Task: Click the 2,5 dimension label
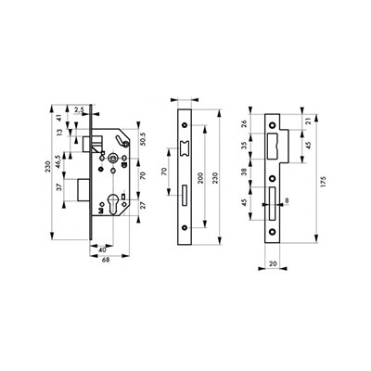pyautogui.click(x=79, y=109)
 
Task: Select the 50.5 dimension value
pyautogui.click(x=143, y=139)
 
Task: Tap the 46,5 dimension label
pyautogui.click(x=58, y=161)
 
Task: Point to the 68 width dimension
pyautogui.click(x=106, y=261)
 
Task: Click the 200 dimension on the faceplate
pyautogui.click(x=200, y=178)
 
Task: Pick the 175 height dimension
pyautogui.click(x=323, y=182)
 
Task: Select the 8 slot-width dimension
pyautogui.click(x=287, y=201)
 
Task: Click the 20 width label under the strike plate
pyautogui.click(x=273, y=263)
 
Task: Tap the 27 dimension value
pyautogui.click(x=143, y=206)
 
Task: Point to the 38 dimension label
pyautogui.click(x=244, y=172)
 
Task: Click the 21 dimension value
pyautogui.click(x=307, y=122)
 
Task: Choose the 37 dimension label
pyautogui.click(x=60, y=186)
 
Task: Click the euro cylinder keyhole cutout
pyautogui.click(x=113, y=202)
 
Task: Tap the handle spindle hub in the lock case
pyautogui.click(x=113, y=159)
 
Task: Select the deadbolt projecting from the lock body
pyautogui.click(x=83, y=190)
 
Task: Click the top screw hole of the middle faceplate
pyautogui.click(x=185, y=125)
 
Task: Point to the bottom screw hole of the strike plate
pyautogui.click(x=273, y=231)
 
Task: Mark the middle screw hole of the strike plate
pyautogui.click(x=273, y=178)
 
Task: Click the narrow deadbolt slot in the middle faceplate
pyautogui.click(x=185, y=196)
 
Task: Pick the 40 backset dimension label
pyautogui.click(x=102, y=249)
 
